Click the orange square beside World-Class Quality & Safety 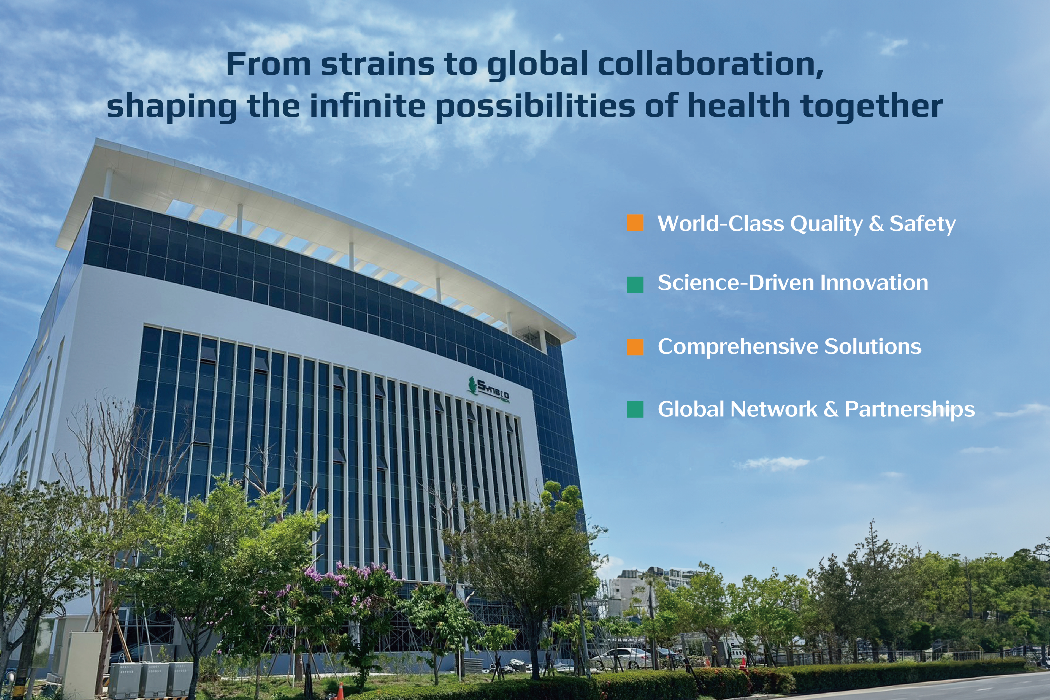point(635,223)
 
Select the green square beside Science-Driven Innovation point(635,284)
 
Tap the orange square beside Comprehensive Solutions point(635,347)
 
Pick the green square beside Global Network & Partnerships point(635,409)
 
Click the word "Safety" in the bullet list point(922,224)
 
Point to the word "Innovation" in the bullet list point(874,283)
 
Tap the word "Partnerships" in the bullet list point(909,410)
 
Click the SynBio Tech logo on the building point(489,390)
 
